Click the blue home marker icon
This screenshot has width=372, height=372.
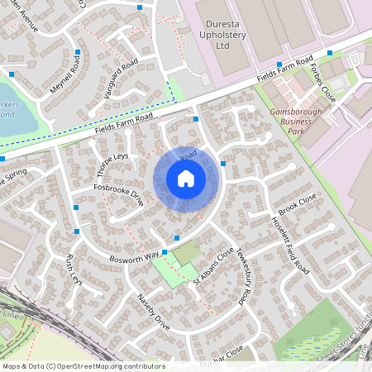(186, 179)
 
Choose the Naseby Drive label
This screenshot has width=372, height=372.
(154, 312)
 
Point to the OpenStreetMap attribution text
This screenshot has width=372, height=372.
(83, 365)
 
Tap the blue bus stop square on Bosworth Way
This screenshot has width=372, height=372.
(165, 251)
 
